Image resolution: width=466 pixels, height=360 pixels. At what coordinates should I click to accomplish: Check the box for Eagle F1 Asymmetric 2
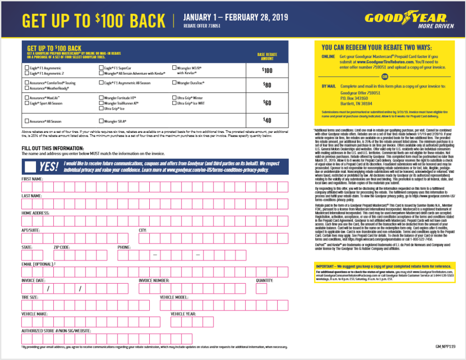26,73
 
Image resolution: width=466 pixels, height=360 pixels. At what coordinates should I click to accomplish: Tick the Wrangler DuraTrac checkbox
174,83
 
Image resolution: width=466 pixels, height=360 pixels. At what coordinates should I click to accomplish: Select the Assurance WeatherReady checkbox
26,88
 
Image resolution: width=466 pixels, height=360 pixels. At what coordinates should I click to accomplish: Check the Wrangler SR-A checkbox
101,122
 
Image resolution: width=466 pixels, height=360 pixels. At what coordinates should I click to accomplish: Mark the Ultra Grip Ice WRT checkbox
174,103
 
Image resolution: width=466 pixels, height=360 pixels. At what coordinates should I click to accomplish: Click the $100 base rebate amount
267,71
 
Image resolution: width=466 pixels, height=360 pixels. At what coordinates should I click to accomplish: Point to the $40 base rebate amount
267,120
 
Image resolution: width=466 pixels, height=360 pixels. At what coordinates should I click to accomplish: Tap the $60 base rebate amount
267,103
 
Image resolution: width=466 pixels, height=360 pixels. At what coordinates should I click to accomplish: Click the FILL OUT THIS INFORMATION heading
53,148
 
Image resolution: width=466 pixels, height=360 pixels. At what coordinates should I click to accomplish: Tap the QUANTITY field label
264,280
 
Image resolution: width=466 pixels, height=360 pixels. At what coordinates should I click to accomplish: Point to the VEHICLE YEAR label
183,314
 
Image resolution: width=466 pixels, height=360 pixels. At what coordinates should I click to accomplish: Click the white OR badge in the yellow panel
385,76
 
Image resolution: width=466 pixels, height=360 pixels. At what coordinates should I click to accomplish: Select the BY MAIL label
329,86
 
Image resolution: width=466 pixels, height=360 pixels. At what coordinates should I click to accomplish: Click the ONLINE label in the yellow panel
328,57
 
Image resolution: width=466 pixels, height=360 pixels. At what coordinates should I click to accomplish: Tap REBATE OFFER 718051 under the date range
202,27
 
